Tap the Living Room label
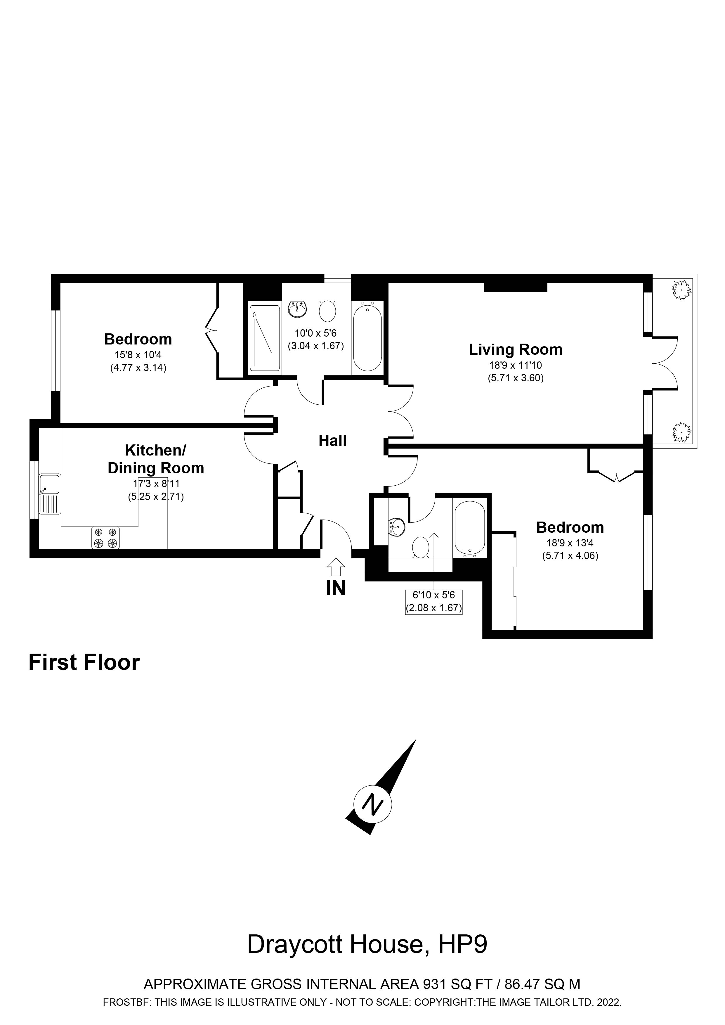pyautogui.click(x=515, y=349)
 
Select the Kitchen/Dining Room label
pyautogui.click(x=155, y=459)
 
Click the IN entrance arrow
pyautogui.click(x=336, y=568)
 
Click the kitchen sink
pyautogui.click(x=50, y=494)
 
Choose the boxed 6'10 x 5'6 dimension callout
pyautogui.click(x=433, y=602)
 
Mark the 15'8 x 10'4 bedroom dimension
pyautogui.click(x=138, y=355)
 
